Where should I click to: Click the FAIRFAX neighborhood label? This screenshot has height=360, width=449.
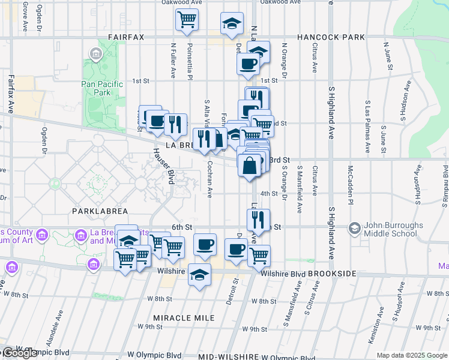point(126,37)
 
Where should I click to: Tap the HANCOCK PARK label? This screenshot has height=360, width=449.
point(331,37)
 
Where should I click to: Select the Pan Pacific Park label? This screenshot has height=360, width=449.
point(102,88)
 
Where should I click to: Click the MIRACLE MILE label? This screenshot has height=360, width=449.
point(176,317)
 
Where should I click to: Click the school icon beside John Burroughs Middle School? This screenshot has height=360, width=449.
point(355,228)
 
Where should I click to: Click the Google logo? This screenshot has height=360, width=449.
point(19,353)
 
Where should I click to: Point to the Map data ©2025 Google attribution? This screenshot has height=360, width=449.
point(412,355)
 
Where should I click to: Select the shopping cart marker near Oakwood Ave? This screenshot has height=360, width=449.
point(187,20)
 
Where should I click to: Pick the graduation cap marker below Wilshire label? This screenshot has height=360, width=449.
point(199,275)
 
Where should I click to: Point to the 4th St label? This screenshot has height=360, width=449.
point(269,194)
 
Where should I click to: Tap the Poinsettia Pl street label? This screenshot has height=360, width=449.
point(189,60)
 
